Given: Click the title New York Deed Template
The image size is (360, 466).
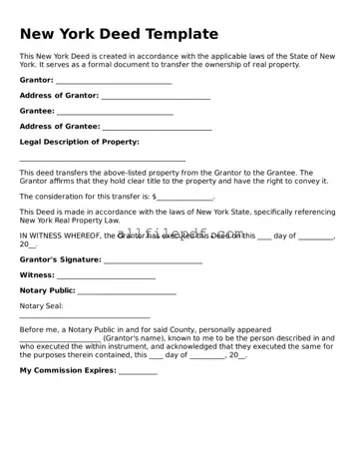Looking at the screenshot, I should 119,34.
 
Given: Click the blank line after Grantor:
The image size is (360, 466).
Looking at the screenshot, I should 114,81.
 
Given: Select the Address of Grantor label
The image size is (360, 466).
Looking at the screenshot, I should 59,96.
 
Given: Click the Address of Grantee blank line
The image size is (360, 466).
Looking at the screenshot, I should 157,128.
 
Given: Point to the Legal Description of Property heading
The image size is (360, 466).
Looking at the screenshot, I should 80,143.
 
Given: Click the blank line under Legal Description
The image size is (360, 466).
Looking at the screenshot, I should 103,160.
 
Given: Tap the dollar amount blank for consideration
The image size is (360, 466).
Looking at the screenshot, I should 185,198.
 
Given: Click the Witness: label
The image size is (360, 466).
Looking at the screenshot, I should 37,275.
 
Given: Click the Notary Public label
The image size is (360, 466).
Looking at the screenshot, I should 48,291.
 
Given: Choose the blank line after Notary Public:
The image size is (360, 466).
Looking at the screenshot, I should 127,292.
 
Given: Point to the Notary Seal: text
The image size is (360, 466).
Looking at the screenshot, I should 41,306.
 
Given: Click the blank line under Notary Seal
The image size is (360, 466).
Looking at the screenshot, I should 85,317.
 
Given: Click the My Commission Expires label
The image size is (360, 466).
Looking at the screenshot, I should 68,370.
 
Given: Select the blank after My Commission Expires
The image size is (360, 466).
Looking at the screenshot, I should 138,371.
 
